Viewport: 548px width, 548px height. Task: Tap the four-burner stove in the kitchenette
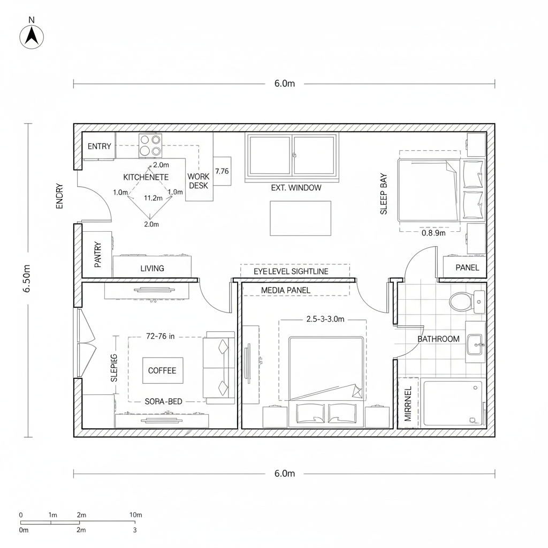[150, 146]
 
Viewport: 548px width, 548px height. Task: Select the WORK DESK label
[198, 181]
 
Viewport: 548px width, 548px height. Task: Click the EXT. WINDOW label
[296, 188]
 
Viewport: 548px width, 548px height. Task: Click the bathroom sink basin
[475, 343]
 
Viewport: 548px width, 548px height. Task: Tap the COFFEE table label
[162, 370]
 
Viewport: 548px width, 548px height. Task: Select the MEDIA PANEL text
[286, 290]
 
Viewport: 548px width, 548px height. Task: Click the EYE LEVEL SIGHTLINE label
[291, 271]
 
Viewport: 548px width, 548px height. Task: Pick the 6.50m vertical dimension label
[27, 278]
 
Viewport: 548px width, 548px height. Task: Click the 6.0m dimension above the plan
[285, 83]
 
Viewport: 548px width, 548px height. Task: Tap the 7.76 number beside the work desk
[222, 171]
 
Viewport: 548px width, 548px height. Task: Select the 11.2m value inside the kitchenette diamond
[154, 198]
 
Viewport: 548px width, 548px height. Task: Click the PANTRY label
[98, 255]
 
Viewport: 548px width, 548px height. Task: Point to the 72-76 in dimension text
[160, 337]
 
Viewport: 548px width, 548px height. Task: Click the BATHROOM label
[438, 339]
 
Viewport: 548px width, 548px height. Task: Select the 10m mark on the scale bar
[136, 515]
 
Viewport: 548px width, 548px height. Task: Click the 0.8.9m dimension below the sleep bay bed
[433, 233]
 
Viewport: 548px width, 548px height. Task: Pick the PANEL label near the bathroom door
[467, 268]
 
